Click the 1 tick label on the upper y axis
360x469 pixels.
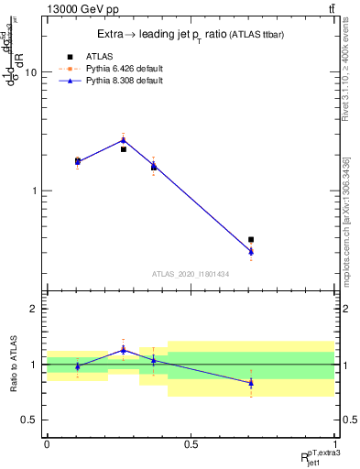point(33,191)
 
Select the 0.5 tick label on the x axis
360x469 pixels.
point(191,444)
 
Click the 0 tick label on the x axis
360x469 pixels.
point(47,444)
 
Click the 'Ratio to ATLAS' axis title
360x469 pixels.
point(12,364)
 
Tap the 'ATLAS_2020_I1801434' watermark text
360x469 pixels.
point(191,274)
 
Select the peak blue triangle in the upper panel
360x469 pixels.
point(124,140)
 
